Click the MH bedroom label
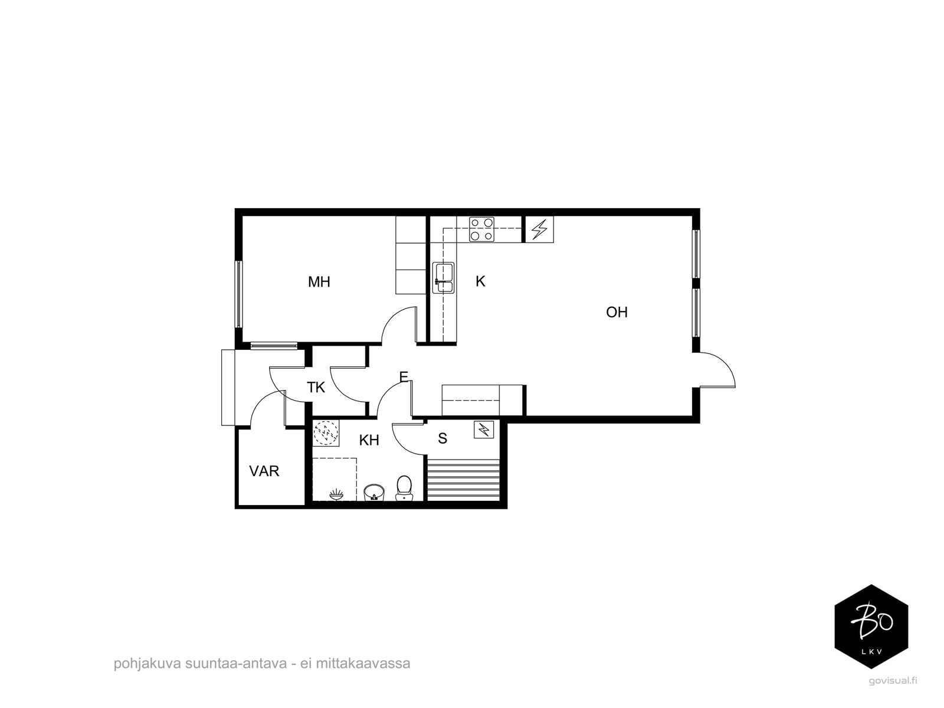[319, 282]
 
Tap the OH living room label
[617, 312]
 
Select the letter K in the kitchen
[480, 281]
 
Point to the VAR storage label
[264, 471]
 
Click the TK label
[316, 387]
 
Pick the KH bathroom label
[369, 440]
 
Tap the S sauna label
[442, 438]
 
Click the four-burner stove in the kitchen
[481, 229]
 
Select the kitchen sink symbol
[444, 278]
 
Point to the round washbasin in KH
[374, 492]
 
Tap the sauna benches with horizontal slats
[463, 479]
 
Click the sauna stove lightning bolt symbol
[484, 430]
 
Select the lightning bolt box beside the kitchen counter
[539, 230]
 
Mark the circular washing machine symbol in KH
[326, 433]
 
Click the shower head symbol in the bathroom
[337, 495]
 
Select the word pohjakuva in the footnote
[147, 663]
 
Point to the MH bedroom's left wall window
[238, 294]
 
